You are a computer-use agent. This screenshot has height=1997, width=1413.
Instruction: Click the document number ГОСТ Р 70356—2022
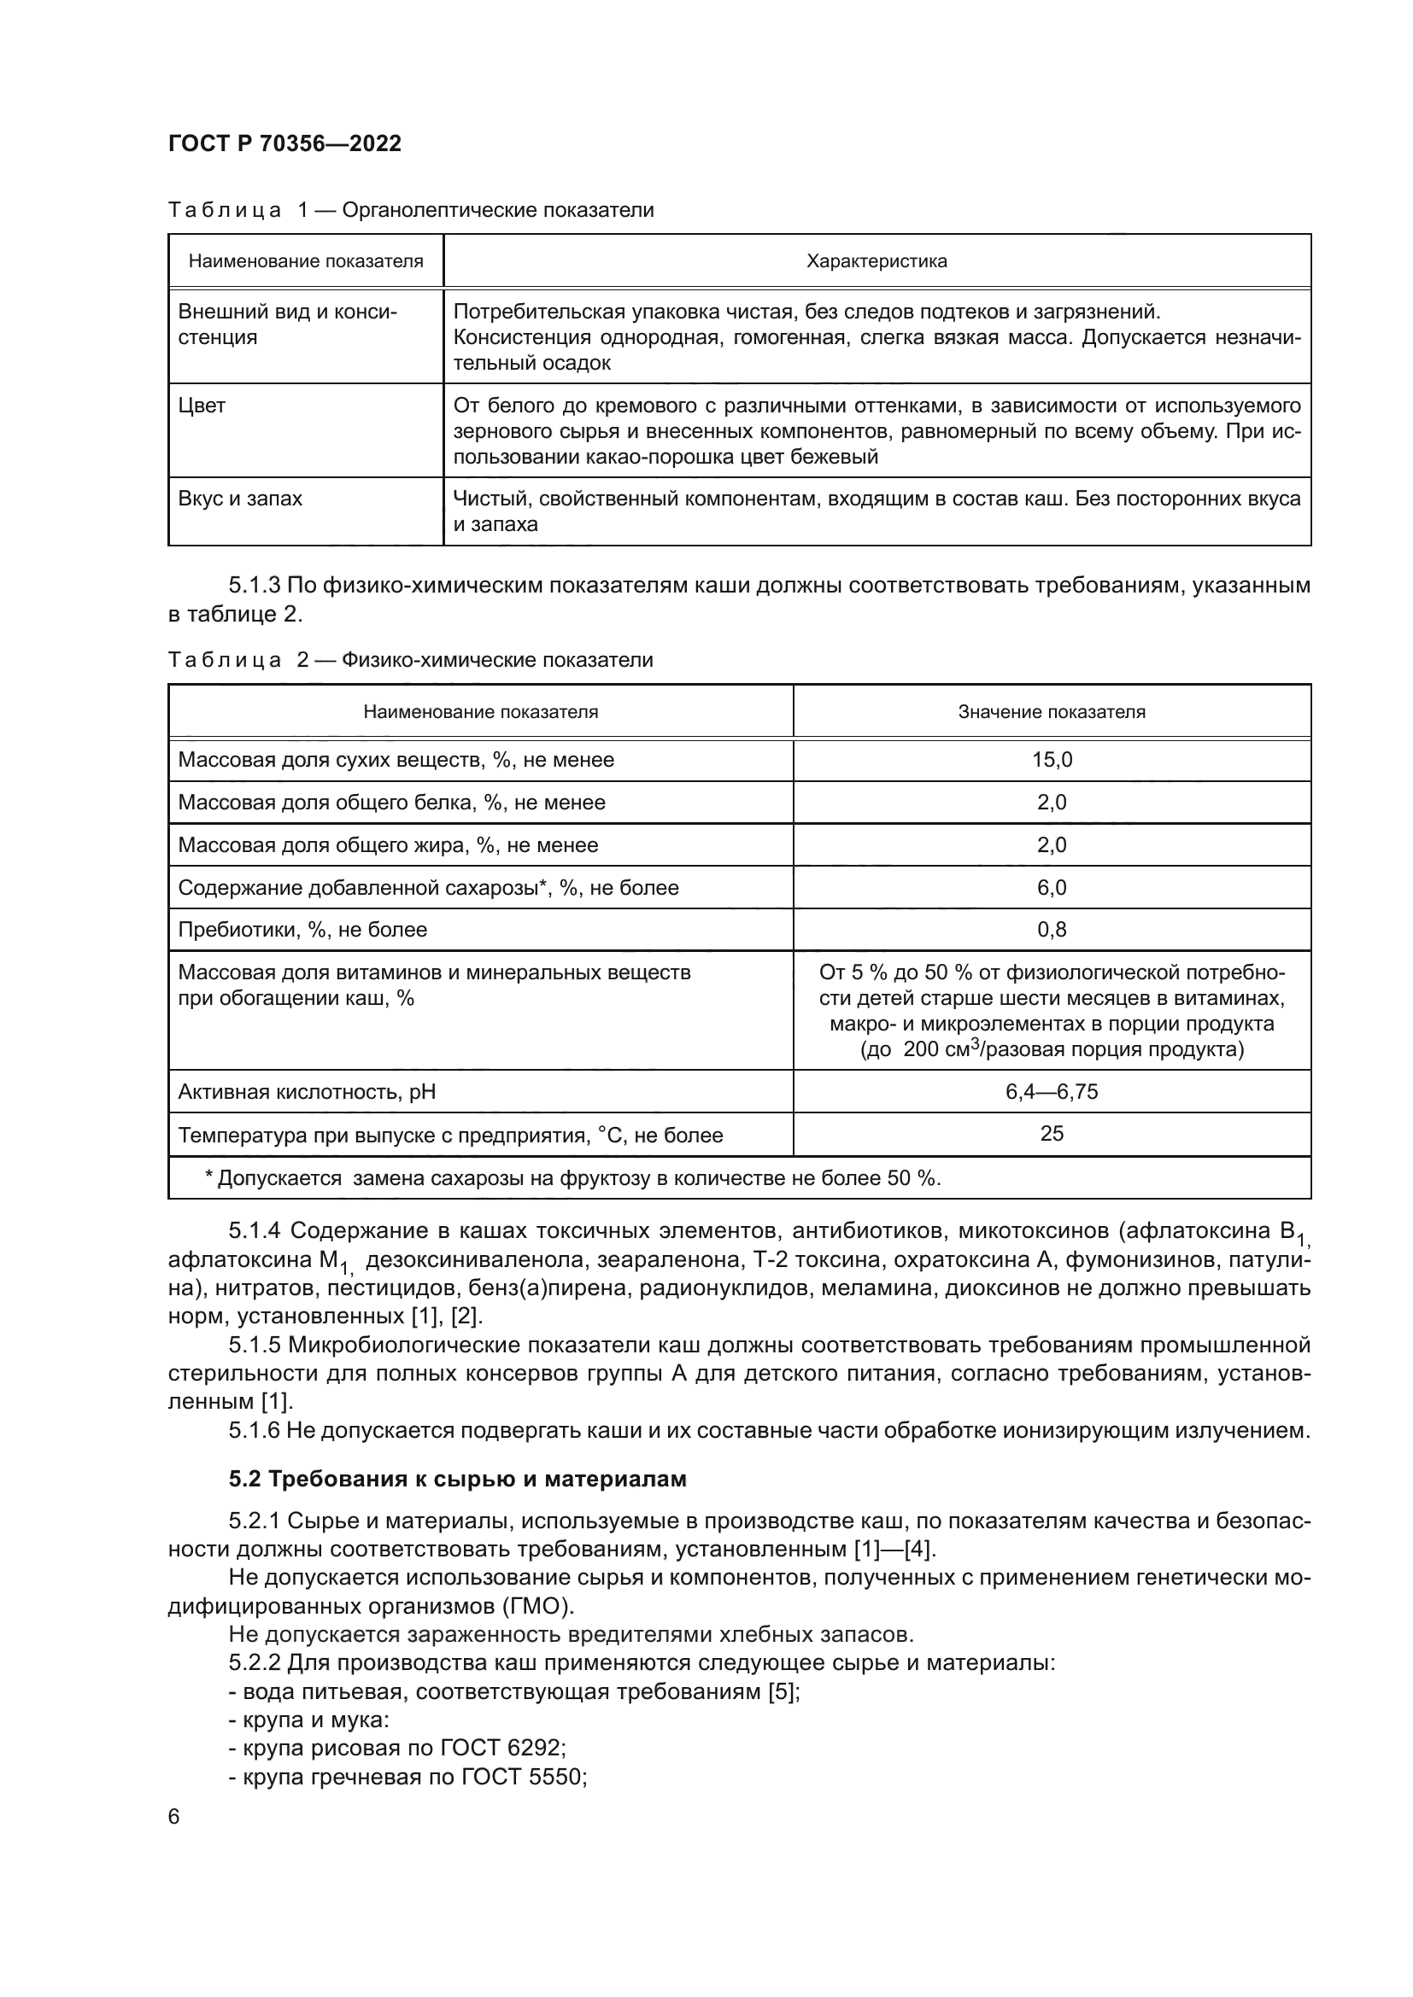pos(284,143)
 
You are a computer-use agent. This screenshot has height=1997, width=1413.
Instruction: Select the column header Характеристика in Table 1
pos(877,261)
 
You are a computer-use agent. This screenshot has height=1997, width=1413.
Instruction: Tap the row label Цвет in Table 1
pos(202,406)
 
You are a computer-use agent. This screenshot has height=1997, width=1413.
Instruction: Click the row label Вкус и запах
pos(240,499)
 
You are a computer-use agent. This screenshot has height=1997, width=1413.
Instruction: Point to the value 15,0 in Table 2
pos(1051,759)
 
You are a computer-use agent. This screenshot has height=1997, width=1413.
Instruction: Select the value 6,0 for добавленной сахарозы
pos(1051,887)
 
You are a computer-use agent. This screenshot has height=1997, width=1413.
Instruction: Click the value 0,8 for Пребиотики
pos(1051,929)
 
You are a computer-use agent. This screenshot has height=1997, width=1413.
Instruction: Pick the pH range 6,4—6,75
pos(1051,1090)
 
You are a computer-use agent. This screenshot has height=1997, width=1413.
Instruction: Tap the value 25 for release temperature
pos(1051,1133)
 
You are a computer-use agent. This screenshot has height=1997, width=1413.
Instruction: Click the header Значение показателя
pos(1051,711)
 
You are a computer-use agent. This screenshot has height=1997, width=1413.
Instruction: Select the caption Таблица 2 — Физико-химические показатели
pos(410,659)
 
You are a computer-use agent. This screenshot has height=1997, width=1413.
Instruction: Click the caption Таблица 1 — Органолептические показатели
pos(410,210)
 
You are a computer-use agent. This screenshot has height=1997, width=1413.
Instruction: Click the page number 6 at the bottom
pos(174,1817)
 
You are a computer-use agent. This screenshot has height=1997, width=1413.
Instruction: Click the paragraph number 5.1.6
pos(254,1430)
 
